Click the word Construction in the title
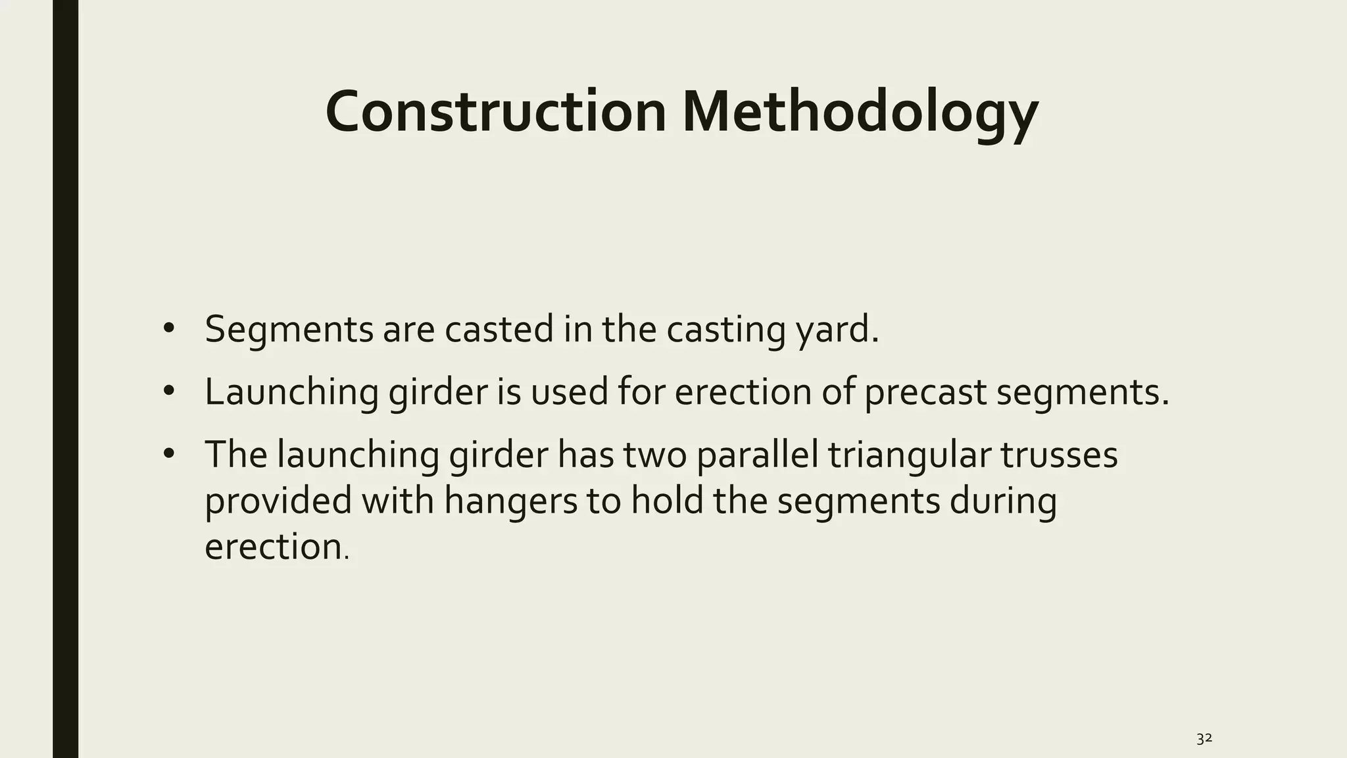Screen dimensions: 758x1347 tap(496, 111)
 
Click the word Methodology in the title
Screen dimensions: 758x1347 tap(860, 113)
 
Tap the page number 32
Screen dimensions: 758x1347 tap(1204, 738)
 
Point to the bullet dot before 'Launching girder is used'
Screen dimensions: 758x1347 tap(169, 391)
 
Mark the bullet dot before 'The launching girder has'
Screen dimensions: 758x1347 tap(169, 453)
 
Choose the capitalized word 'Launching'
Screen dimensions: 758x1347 tap(291, 392)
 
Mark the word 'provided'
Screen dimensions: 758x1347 tap(278, 501)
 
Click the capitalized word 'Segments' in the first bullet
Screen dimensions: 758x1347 tap(289, 330)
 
